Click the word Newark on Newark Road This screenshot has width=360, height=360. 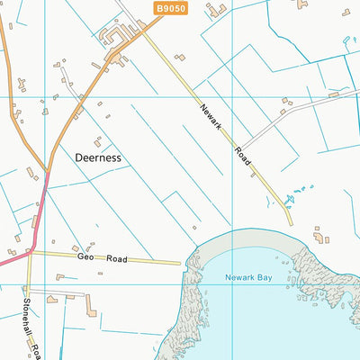(x=211, y=114)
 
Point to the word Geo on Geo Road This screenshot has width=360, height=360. (x=85, y=256)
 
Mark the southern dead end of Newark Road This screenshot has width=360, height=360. (x=291, y=224)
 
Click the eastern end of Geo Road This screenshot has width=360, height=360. (x=181, y=263)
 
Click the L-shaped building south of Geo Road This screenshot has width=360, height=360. (x=90, y=307)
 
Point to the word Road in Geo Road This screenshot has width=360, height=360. (x=114, y=259)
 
